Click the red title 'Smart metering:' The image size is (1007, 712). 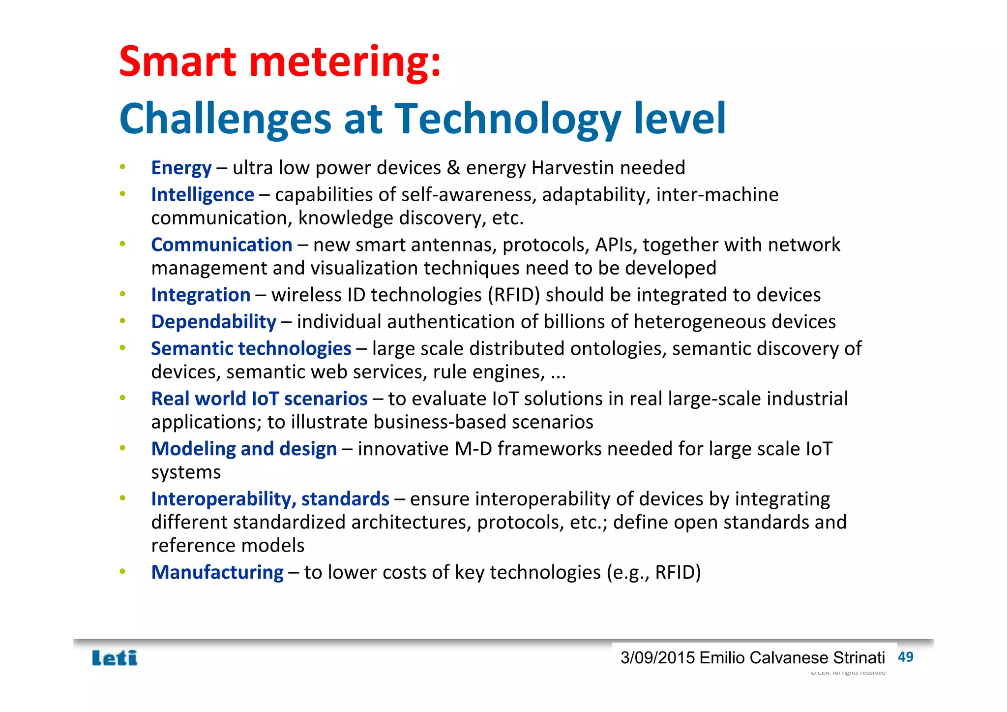click(280, 62)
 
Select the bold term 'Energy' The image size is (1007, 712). click(181, 168)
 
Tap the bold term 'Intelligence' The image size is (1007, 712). click(203, 195)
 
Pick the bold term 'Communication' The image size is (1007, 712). click(221, 245)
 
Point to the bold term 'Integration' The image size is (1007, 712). click(201, 295)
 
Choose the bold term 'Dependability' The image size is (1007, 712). click(213, 322)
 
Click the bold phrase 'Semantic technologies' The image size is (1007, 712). click(251, 348)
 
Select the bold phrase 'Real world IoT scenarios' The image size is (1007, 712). click(259, 399)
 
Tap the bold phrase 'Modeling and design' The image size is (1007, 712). click(244, 449)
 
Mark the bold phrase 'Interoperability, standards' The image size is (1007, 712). click(270, 499)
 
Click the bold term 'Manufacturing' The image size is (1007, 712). click(217, 572)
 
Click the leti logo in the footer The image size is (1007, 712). click(115, 658)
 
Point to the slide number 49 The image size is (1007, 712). click(905, 657)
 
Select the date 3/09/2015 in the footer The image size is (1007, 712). click(657, 658)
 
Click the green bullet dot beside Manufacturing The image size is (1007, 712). click(123, 571)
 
